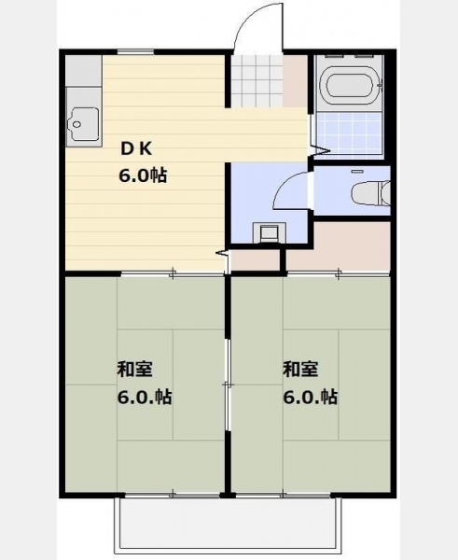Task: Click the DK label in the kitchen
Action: pyautogui.click(x=137, y=148)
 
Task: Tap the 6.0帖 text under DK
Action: pyautogui.click(x=143, y=175)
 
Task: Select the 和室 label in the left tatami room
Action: pyautogui.click(x=135, y=370)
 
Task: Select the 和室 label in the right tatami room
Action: pyautogui.click(x=300, y=370)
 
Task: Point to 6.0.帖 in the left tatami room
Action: pyautogui.click(x=145, y=397)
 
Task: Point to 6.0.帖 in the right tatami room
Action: pyautogui.click(x=310, y=397)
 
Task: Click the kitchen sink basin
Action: pyautogui.click(x=84, y=124)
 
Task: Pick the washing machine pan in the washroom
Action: pyautogui.click(x=270, y=232)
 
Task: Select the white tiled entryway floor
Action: pyautogui.click(x=257, y=80)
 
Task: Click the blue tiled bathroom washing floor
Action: pyautogui.click(x=348, y=133)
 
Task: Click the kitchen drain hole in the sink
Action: pyautogui.click(x=76, y=125)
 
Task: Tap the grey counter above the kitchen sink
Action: pyautogui.click(x=84, y=70)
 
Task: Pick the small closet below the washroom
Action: pyautogui.click(x=255, y=259)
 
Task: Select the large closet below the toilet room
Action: pyautogui.click(x=339, y=246)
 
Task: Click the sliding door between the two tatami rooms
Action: pyautogui.click(x=228, y=385)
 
